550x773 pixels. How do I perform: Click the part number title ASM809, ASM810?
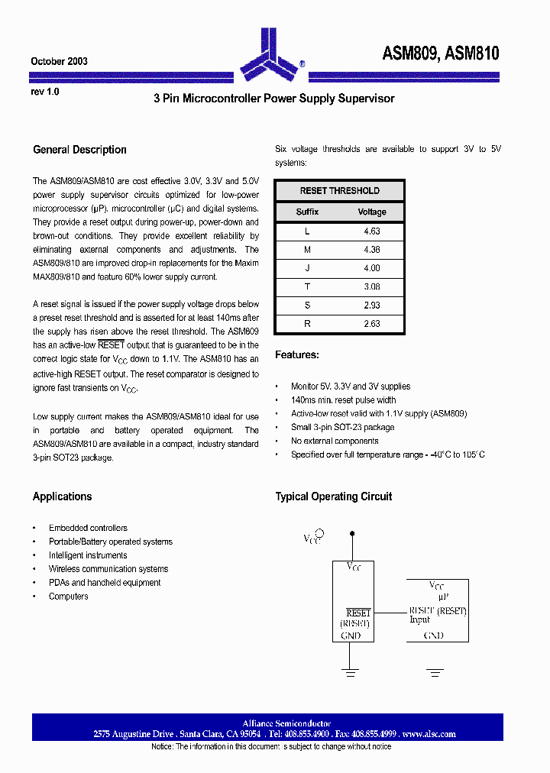coord(441,53)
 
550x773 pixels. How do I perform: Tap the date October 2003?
coord(59,61)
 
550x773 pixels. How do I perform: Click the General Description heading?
coord(79,150)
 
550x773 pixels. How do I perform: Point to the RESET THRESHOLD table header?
coord(339,191)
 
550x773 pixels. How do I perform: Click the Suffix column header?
coord(307,212)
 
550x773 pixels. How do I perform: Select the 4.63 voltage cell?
coord(372,231)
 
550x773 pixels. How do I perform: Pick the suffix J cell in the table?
coord(307,268)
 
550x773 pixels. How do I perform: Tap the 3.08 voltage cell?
coord(372,286)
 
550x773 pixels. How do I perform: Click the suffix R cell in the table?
coord(307,324)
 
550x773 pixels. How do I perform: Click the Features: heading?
coord(297,354)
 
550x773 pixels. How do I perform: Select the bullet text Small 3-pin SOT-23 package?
coord(342,428)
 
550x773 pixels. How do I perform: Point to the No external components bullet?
coord(335,441)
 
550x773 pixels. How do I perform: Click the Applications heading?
coord(62,496)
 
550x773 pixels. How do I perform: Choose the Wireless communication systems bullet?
coord(108,569)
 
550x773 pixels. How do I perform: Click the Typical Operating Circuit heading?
coord(333,496)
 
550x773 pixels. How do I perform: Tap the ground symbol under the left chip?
coord(351,672)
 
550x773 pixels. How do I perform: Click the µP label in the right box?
coord(436,596)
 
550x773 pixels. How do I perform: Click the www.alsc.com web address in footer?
coord(429,734)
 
